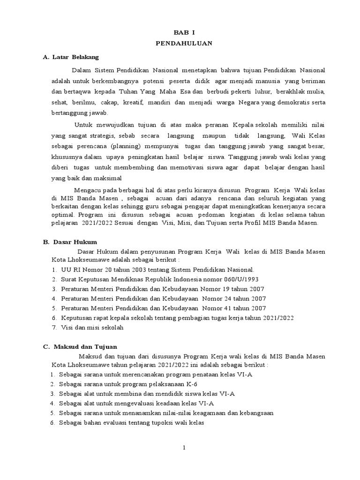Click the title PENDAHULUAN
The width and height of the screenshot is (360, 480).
184,43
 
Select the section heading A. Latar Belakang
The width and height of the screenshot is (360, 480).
71,57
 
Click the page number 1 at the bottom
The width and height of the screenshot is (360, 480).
185,448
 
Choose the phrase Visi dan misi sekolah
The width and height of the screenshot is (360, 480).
92,328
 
